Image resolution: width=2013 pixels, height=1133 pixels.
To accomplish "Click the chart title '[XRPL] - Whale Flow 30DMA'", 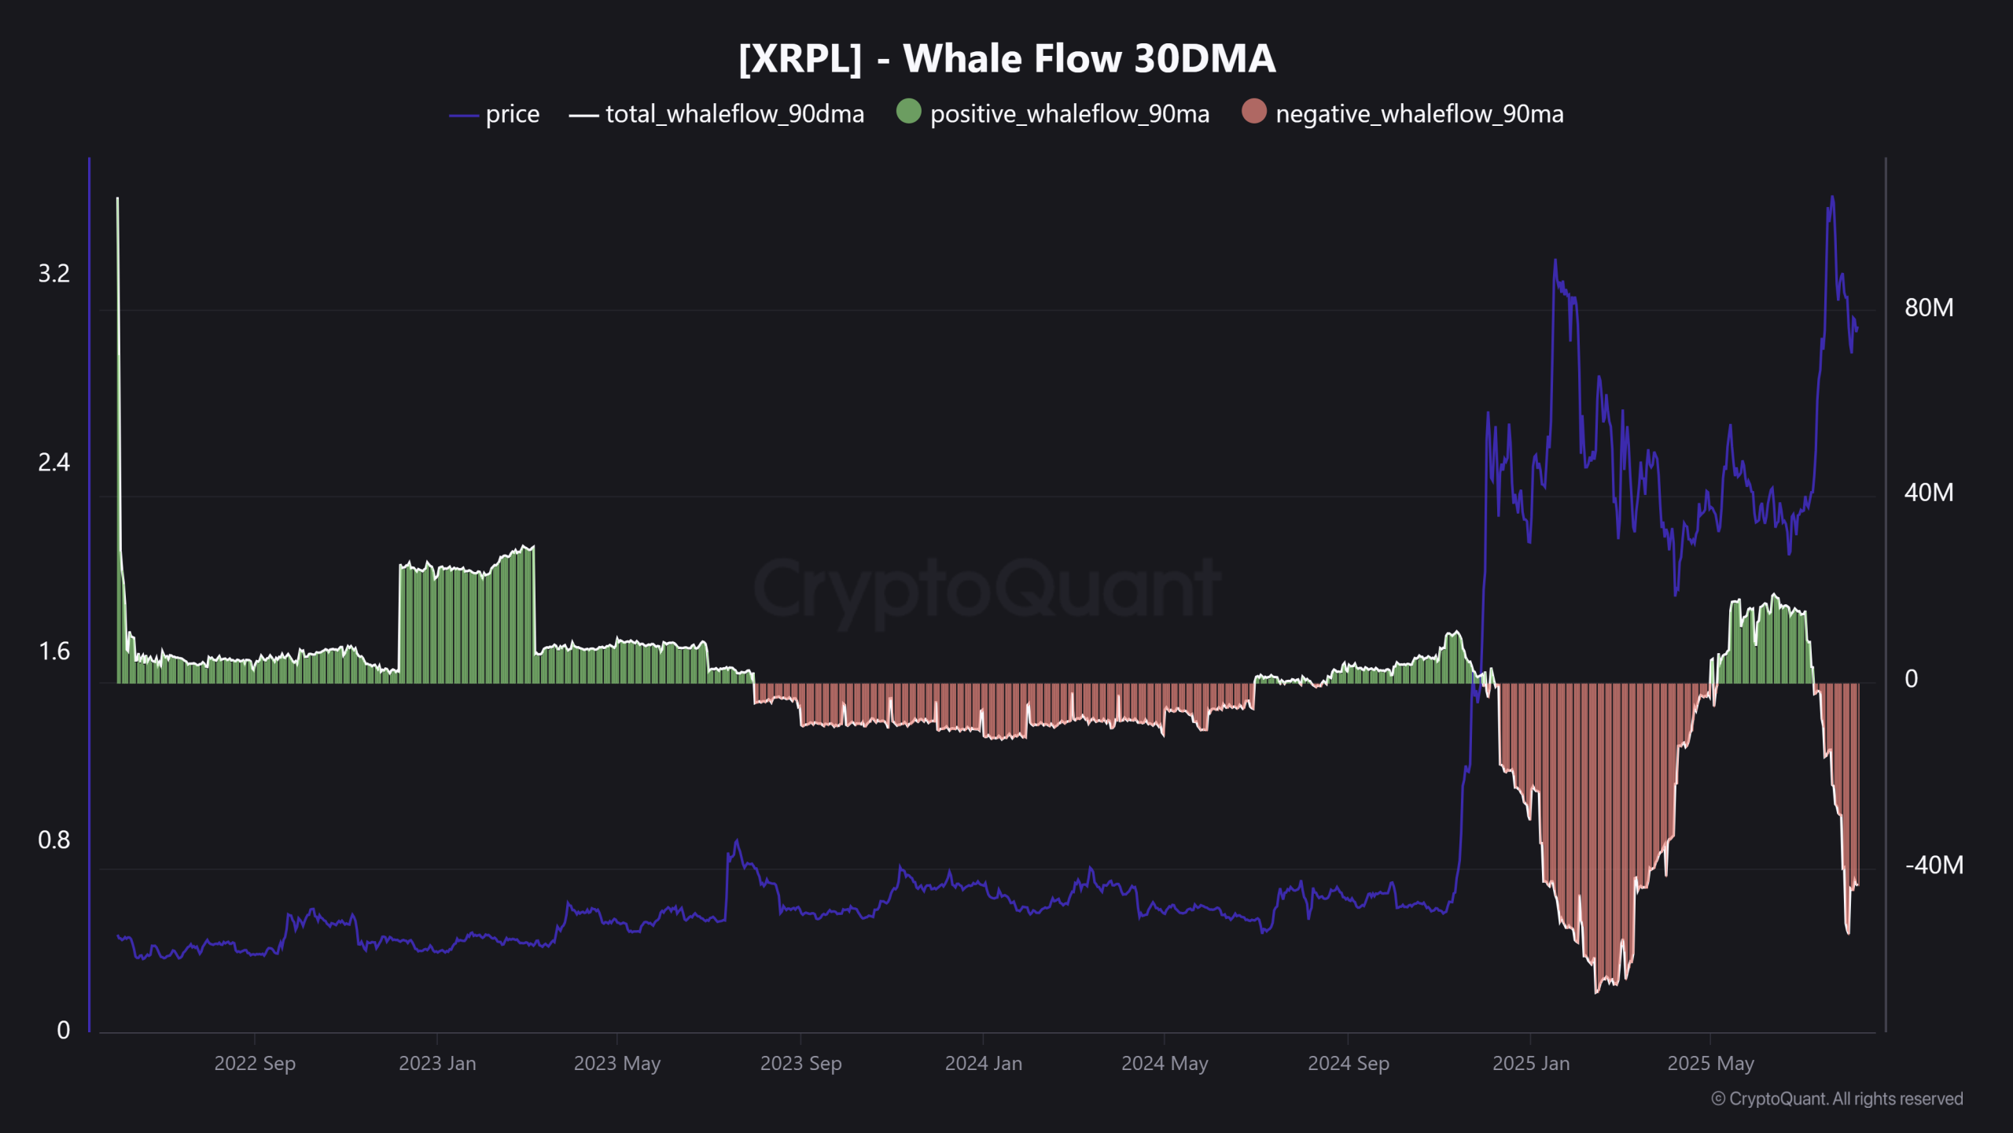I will (x=1006, y=58).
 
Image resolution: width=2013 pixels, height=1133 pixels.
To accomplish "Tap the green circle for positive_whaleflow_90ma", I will (x=908, y=111).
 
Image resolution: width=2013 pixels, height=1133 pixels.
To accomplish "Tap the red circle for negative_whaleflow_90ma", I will (x=1253, y=111).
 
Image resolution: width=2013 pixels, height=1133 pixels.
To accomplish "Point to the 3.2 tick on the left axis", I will (x=53, y=273).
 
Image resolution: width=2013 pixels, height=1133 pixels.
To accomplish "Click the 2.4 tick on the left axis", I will (x=53, y=462).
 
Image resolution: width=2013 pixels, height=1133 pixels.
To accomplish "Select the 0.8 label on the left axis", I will (x=53, y=840).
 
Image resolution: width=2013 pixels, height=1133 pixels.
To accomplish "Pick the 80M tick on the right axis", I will (x=1928, y=307).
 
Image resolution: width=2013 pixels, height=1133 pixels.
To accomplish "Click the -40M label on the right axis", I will (x=1933, y=865).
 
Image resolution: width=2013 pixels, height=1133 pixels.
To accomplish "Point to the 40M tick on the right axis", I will (x=1928, y=493).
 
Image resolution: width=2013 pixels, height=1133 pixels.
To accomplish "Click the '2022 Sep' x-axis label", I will (x=255, y=1063).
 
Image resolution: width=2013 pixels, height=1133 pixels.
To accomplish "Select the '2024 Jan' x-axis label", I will (x=983, y=1063).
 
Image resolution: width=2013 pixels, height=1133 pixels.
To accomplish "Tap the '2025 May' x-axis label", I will (x=1710, y=1063).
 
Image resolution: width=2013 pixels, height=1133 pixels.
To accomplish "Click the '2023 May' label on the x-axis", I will (x=616, y=1063).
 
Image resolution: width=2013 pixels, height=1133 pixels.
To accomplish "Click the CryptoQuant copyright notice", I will (x=1837, y=1098).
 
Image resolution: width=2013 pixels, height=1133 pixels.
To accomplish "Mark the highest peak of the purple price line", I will (x=1832, y=197).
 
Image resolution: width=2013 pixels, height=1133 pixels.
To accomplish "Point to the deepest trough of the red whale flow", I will (x=1595, y=991).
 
